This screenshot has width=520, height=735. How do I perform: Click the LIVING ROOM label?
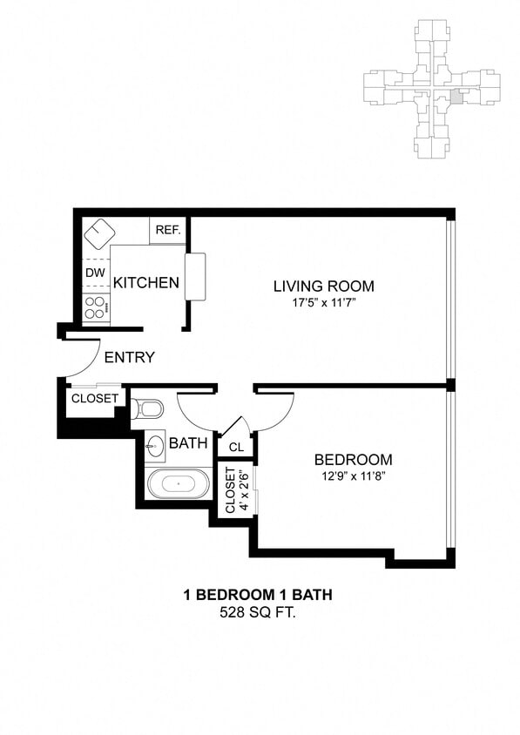coord(323,286)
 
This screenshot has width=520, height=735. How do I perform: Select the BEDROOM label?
coord(353,460)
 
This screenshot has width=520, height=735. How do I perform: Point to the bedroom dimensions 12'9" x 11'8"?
coord(353,476)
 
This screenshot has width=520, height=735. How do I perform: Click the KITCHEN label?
coord(146,283)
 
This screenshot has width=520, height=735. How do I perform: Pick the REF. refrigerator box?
coord(167,231)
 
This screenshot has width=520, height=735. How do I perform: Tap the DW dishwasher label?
coord(95,273)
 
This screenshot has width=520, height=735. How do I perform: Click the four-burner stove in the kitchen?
coord(96,307)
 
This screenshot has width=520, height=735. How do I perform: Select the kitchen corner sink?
coord(100,231)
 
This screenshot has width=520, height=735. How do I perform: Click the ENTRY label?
coord(129,357)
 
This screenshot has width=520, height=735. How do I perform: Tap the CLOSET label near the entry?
coord(94,399)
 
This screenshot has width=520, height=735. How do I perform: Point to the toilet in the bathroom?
coord(148,408)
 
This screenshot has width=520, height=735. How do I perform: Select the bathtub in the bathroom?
coord(178,482)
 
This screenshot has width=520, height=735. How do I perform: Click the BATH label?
coord(188,443)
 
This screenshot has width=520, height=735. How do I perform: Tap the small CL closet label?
coord(235,448)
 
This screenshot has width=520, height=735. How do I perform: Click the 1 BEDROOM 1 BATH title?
coord(257,596)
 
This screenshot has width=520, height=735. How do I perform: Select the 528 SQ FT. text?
coord(257,613)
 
